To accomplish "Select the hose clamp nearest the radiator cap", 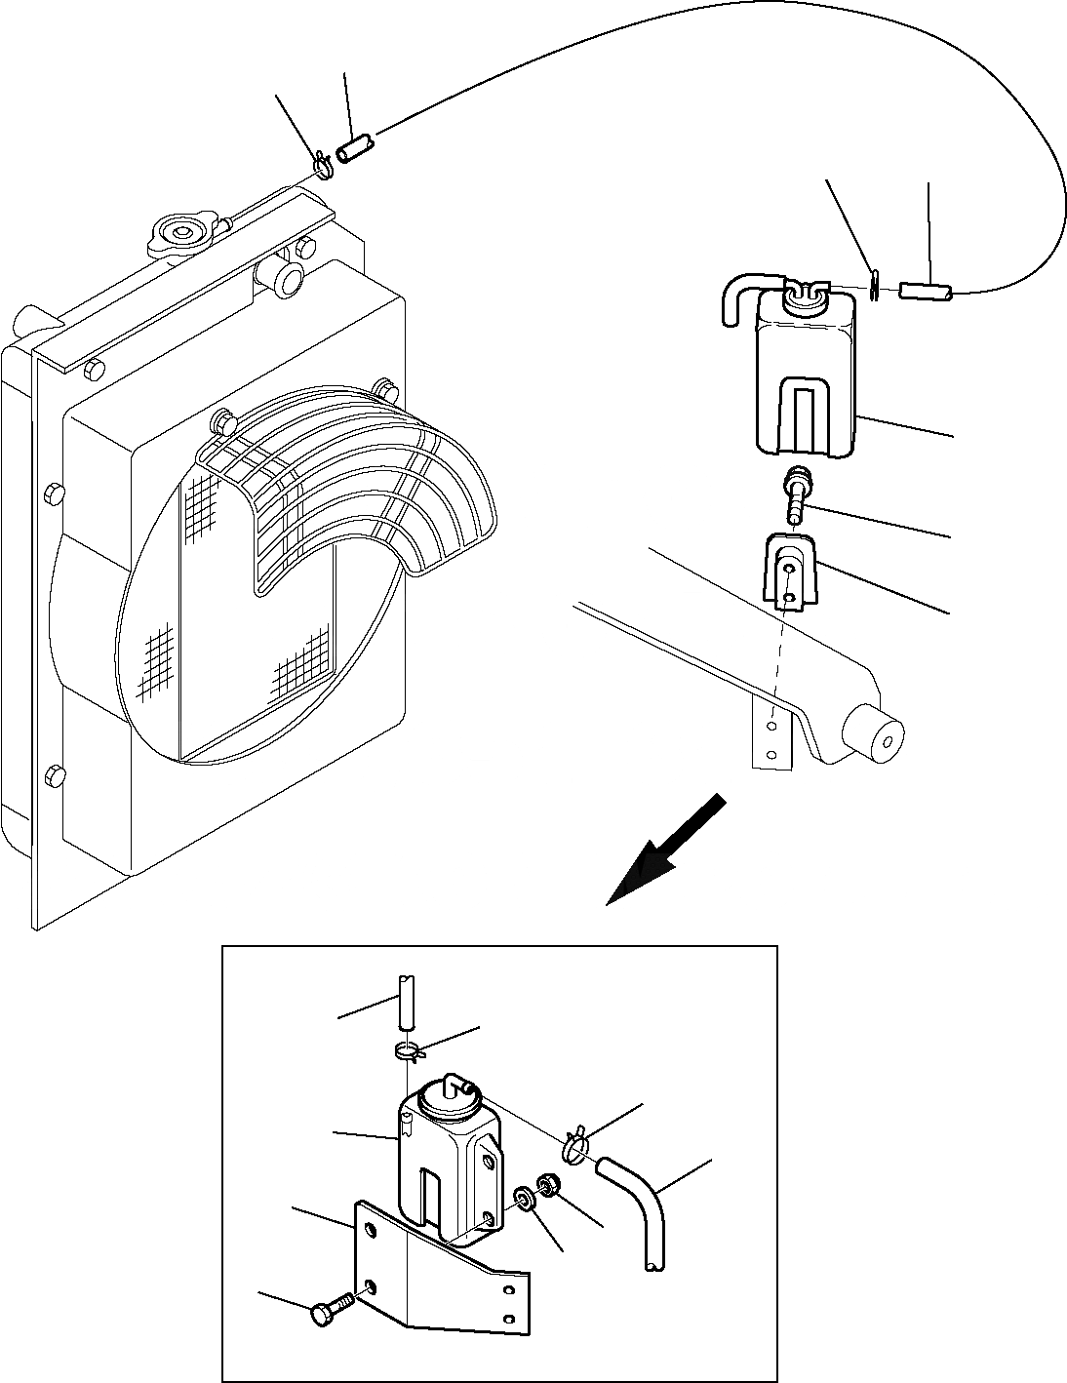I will [x=323, y=168].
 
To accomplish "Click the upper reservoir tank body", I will [x=807, y=380].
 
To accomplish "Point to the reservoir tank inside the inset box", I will [x=449, y=1151].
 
